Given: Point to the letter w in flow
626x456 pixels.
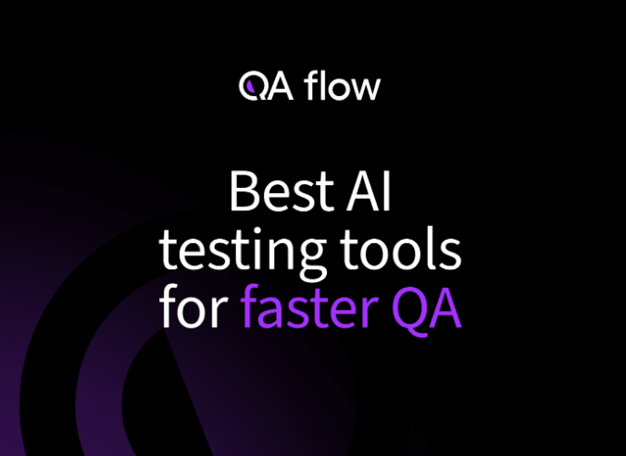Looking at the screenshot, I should [366, 90].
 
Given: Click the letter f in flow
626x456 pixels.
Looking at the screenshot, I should [309, 85].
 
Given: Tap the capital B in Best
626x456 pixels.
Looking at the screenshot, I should [241, 191].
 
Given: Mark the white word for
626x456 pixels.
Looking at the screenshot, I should [194, 309].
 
